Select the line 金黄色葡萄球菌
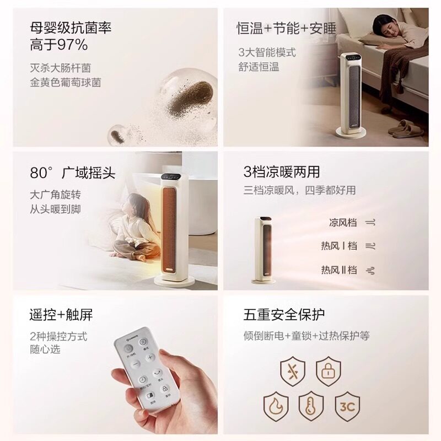click(66, 83)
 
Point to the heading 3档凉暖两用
click(281, 172)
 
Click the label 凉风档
click(343, 223)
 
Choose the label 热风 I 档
click(339, 246)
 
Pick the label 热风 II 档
click(339, 270)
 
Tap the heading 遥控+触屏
click(61, 315)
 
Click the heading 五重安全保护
click(284, 315)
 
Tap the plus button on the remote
click(150, 357)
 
